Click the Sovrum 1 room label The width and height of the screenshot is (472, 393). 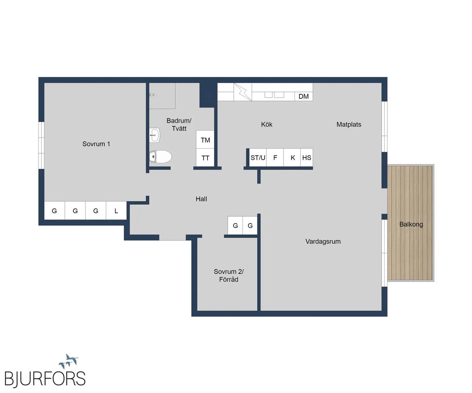[96, 144]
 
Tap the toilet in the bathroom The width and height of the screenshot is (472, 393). [160, 156]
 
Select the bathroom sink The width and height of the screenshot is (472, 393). [155, 135]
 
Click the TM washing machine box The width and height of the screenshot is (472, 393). [205, 139]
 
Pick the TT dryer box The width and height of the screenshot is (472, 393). [205, 157]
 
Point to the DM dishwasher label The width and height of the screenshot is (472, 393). [303, 97]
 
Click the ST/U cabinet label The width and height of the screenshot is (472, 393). [258, 158]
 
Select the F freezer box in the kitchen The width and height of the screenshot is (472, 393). [275, 157]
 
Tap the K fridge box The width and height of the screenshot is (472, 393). [292, 157]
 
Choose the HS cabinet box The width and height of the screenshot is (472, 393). [307, 157]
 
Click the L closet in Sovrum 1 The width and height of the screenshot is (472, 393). [116, 211]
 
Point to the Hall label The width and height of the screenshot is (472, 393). [201, 199]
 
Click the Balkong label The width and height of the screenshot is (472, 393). [411, 225]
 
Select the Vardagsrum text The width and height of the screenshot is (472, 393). [323, 241]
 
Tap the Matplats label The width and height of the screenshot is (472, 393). [348, 125]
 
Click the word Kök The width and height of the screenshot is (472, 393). [267, 125]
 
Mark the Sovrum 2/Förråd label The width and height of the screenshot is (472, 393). [229, 275]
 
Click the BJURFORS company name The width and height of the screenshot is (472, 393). [45, 378]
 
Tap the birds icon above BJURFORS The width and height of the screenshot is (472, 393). [68, 361]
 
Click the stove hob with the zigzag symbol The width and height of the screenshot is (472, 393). [243, 92]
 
